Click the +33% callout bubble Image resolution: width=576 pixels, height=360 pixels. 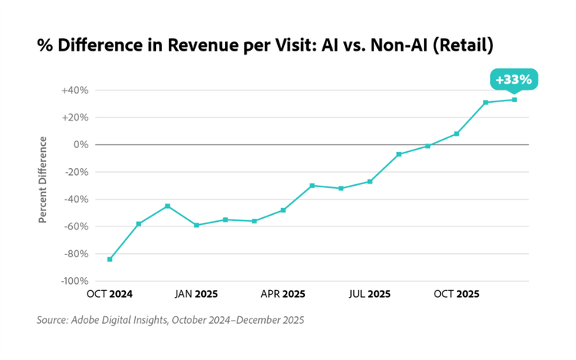pos(514,80)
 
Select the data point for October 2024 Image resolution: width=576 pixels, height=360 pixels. pos(110,259)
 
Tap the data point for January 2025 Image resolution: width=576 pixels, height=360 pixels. pos(197,225)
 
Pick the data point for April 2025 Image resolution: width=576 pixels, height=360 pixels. pos(283,210)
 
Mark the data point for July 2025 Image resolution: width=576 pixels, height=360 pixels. pos(370,181)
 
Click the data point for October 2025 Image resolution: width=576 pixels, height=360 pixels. pos(457,134)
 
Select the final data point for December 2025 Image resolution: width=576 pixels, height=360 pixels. pos(515,99)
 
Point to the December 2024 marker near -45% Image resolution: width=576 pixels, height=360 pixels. pos(167,206)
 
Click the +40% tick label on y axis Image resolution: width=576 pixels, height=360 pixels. pos(75,91)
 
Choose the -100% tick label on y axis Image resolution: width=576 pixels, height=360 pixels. pos(73,281)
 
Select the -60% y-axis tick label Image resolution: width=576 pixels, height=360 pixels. pos(75,226)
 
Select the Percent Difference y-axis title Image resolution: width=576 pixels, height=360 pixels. pos(44,180)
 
